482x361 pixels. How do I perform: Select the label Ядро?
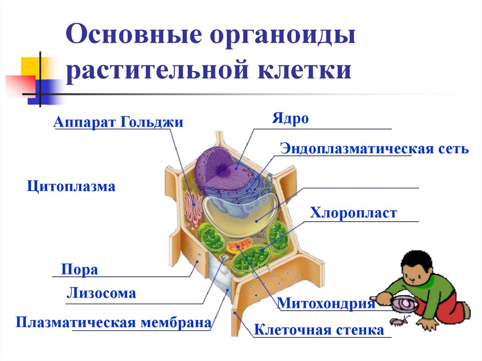point(289,119)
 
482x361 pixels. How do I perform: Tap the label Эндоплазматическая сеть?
point(374,149)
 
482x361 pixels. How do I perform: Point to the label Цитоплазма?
point(71,186)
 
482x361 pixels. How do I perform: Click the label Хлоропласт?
point(353,213)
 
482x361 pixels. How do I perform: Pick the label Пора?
point(79,270)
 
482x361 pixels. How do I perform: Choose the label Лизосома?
point(101,294)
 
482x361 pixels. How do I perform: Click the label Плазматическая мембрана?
point(113,323)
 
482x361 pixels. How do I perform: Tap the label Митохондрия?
point(326,303)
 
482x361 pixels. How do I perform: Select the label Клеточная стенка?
point(319,330)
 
